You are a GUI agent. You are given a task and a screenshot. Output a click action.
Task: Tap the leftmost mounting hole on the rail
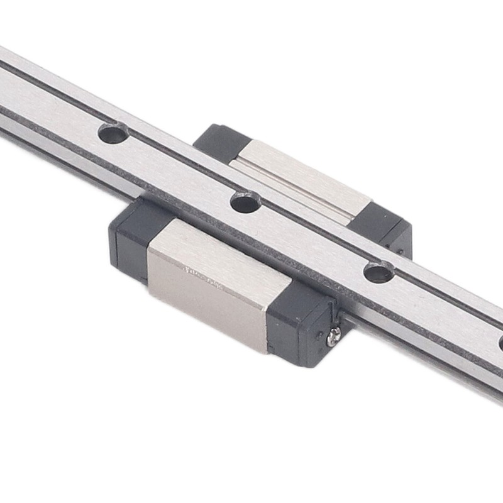[113, 133]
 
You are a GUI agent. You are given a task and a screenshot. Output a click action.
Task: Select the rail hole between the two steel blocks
[245, 202]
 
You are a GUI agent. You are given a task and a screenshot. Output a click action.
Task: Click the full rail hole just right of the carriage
[379, 272]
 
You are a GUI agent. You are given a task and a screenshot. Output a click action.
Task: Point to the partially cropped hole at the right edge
[500, 343]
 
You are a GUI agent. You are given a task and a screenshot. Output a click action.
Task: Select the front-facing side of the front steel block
[207, 308]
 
